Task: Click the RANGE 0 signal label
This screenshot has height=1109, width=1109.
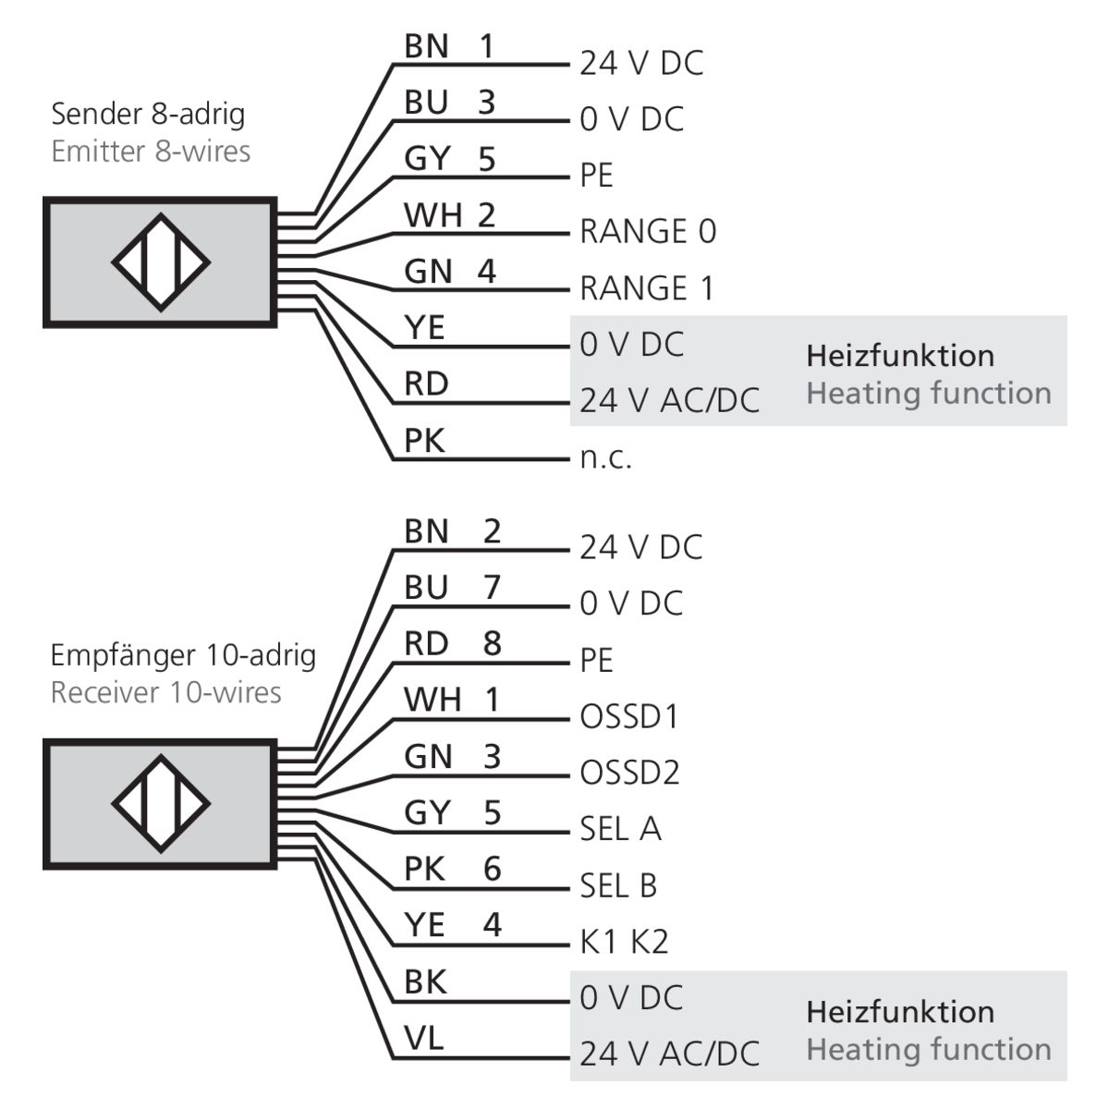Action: [x=647, y=231]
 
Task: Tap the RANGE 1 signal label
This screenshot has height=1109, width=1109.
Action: [x=647, y=288]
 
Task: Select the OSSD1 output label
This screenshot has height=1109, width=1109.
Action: [x=628, y=716]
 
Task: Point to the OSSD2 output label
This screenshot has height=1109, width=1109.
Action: [x=629, y=772]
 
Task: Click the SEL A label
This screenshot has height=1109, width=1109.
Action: [x=620, y=829]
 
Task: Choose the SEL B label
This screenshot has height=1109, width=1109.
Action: [x=618, y=885]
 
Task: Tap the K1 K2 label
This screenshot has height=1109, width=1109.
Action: [x=623, y=942]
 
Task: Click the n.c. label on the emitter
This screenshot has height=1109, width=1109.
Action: [x=605, y=457]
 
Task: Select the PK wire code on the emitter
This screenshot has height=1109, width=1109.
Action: [x=424, y=441]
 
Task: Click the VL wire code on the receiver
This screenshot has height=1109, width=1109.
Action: [x=423, y=1038]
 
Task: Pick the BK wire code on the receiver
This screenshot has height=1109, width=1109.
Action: [x=425, y=981]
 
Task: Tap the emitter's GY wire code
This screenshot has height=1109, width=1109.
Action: [x=426, y=159]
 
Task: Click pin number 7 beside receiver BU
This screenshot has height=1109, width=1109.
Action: [x=491, y=587]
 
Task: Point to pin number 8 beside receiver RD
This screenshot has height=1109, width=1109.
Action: [x=492, y=643]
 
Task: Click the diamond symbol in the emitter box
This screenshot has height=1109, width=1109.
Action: [x=161, y=262]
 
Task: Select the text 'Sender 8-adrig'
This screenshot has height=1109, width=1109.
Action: [x=148, y=114]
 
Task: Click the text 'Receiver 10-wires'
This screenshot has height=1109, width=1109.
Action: [x=165, y=692]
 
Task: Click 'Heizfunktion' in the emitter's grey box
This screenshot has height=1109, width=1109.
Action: [x=900, y=355]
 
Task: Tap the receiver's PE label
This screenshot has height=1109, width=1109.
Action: [x=596, y=660]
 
